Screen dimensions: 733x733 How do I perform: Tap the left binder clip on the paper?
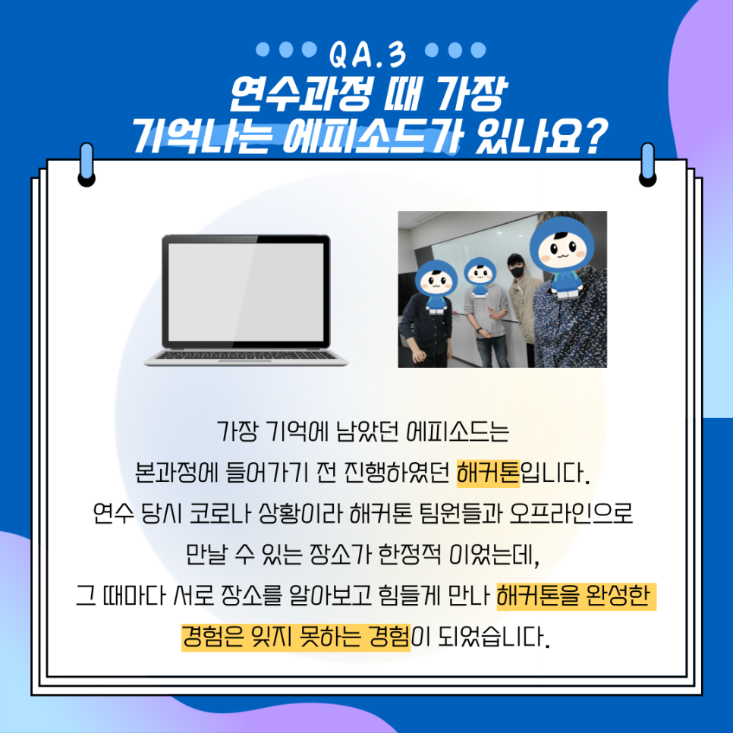[87, 165]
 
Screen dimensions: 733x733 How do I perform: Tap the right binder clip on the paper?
[647, 165]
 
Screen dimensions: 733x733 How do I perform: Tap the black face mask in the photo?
[517, 271]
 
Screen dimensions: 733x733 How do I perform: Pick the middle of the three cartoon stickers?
[480, 279]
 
